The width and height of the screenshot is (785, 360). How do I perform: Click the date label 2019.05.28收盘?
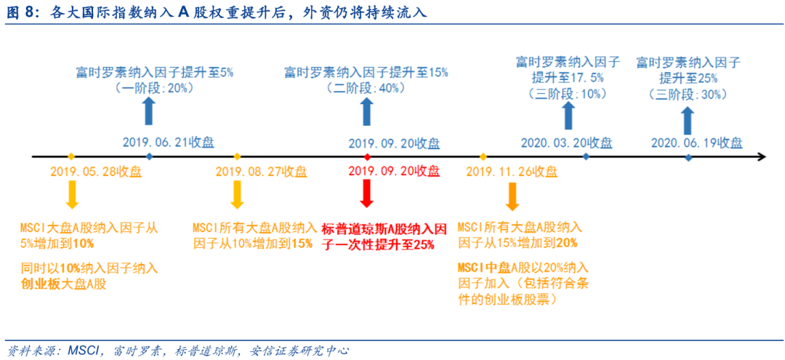click(x=96, y=172)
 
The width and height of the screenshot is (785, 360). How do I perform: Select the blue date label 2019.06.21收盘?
click(x=169, y=143)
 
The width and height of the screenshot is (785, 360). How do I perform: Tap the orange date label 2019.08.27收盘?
click(x=262, y=172)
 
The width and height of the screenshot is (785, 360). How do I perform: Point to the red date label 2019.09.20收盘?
click(x=394, y=172)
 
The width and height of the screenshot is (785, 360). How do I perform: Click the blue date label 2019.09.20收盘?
click(x=394, y=144)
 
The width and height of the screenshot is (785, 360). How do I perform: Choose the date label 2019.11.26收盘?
click(x=512, y=172)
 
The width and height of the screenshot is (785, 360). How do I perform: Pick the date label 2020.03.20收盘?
click(x=567, y=143)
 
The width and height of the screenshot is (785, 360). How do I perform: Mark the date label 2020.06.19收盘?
click(x=697, y=143)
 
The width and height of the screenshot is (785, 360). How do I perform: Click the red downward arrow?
click(x=367, y=194)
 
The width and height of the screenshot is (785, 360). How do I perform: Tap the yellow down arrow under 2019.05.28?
click(x=72, y=195)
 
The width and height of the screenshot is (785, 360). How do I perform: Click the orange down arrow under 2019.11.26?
click(x=512, y=196)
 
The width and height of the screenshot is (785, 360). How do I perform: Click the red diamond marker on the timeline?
click(x=367, y=156)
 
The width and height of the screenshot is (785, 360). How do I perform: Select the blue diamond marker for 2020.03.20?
click(x=587, y=156)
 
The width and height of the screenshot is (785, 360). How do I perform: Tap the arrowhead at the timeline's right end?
click(x=762, y=156)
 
